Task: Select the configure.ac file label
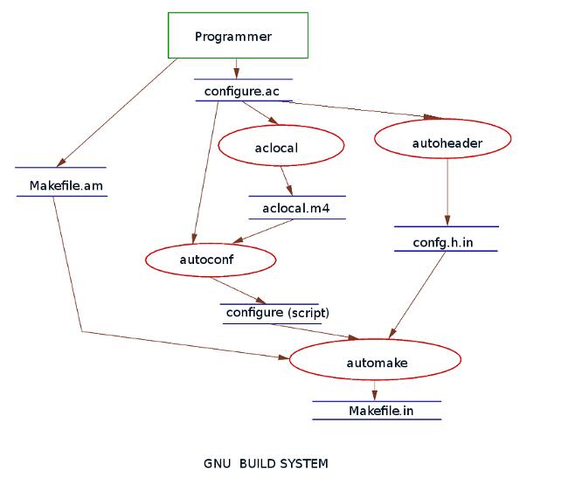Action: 242,91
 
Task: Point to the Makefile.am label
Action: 59,185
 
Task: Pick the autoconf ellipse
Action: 211,260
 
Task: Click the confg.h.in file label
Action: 445,242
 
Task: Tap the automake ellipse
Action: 375,360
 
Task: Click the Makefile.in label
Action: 380,411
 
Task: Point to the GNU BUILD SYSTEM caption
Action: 266,463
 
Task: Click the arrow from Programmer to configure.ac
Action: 236,67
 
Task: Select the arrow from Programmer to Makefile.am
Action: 116,112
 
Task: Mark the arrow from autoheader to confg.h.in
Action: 447,192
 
